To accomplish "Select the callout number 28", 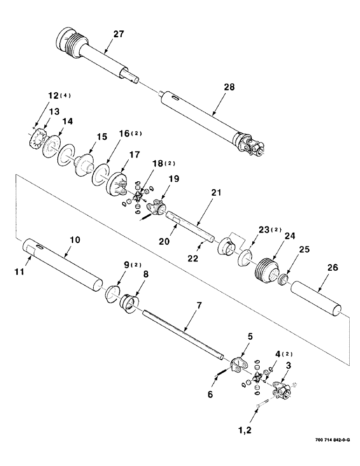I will coord(229,87).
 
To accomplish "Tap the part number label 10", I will coord(75,240).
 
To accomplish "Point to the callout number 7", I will coord(199,306).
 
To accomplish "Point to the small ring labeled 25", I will coord(283,281).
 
